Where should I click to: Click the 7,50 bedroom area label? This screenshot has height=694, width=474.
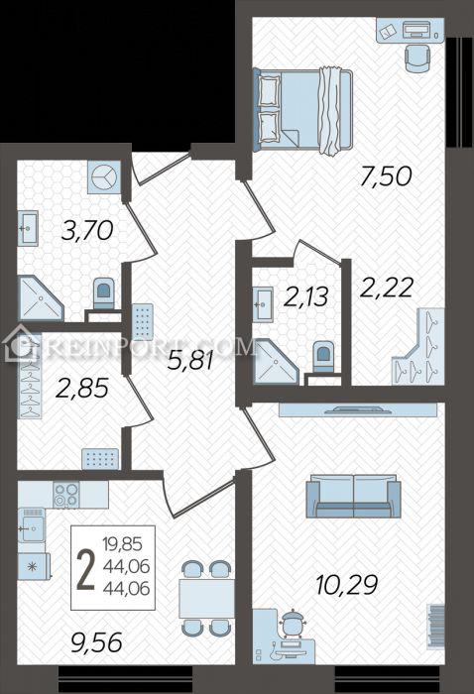386,177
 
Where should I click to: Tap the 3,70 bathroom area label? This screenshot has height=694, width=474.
87,231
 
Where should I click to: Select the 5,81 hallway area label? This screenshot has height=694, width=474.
190,360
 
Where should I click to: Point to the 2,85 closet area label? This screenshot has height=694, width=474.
82,389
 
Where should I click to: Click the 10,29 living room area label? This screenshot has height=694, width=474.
347,585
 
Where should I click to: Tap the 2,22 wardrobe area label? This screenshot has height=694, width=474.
387,288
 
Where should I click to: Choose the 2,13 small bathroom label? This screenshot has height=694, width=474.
306,296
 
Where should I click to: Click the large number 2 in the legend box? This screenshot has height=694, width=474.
86,571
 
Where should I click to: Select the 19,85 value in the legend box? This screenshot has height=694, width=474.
122,543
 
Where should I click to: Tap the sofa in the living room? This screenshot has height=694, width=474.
354,496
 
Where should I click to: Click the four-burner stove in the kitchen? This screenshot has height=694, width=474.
66,495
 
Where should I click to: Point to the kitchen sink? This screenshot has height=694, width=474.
31,524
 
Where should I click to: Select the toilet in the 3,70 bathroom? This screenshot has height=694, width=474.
103,293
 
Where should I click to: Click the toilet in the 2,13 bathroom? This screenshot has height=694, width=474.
323,356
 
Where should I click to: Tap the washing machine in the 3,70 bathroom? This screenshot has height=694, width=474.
104,176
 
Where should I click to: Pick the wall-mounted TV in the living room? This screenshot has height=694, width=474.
358,409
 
